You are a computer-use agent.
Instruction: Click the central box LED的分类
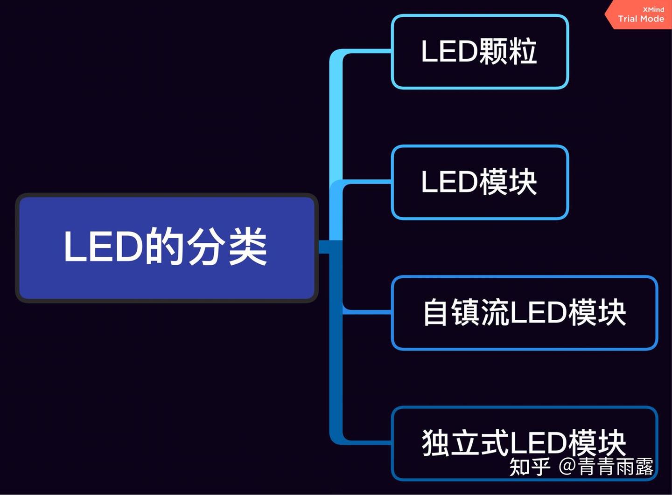coord(167,247)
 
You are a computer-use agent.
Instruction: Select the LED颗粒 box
coord(480,51)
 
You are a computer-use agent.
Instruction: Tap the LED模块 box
coord(480,182)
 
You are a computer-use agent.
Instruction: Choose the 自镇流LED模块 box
coord(524,312)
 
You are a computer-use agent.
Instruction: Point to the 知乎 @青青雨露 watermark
coord(581,467)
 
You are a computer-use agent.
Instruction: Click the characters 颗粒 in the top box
coord(508,51)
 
